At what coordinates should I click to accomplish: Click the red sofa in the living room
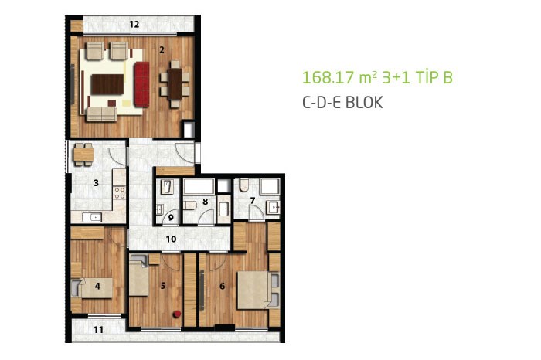tap(141, 84)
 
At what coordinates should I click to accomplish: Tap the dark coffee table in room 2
tap(107, 84)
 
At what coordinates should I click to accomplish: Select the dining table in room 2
tap(175, 84)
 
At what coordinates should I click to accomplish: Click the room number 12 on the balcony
tap(134, 24)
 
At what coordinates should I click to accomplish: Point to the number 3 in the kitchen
tap(97, 183)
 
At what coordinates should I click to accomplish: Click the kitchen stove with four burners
tap(120, 193)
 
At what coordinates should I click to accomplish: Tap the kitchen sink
tap(92, 217)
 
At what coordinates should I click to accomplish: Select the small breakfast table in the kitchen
tap(83, 155)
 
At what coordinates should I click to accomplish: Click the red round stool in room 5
tap(177, 314)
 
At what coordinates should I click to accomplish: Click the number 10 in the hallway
tap(171, 239)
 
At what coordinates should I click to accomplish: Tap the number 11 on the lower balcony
tap(98, 330)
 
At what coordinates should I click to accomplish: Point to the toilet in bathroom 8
tap(190, 205)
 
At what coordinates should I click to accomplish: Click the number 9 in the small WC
tap(171, 218)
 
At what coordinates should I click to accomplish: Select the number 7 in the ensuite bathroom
tap(253, 200)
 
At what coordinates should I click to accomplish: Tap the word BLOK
tap(364, 103)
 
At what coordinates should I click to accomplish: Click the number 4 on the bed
tap(97, 286)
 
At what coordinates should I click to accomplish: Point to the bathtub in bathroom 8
tap(199, 186)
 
